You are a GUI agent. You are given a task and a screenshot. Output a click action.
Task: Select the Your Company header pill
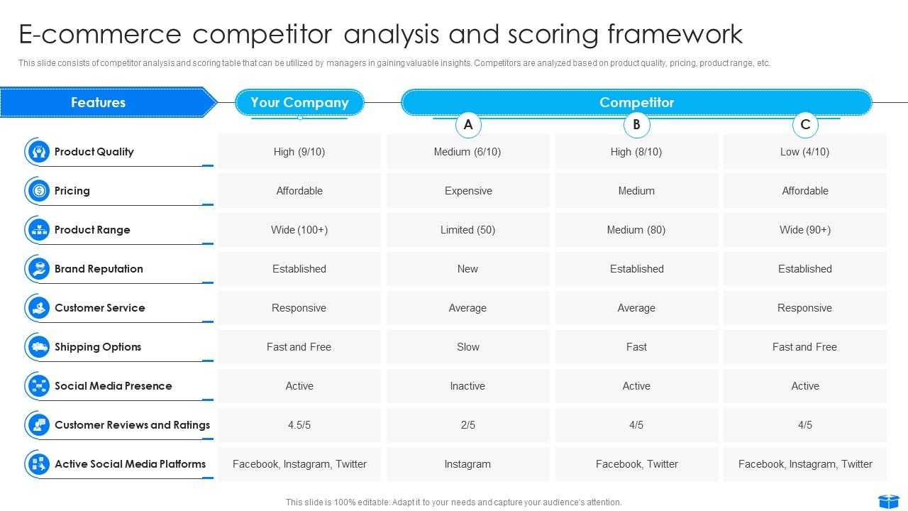299,102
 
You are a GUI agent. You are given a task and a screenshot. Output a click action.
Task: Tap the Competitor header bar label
636,102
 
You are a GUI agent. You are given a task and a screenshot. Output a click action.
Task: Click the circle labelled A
468,125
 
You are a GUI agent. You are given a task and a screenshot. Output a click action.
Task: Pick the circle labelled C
805,125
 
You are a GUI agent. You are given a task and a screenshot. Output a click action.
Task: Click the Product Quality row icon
39,152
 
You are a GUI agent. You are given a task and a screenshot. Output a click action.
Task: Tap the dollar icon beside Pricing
39,191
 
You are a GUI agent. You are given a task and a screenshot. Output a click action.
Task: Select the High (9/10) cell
299,152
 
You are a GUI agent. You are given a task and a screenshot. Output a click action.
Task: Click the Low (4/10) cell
805,152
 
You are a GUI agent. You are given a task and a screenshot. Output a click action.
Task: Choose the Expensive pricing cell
468,191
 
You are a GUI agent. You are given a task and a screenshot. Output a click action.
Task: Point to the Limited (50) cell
468,230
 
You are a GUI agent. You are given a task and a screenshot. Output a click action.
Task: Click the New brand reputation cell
468,269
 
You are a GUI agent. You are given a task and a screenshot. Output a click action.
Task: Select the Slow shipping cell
468,347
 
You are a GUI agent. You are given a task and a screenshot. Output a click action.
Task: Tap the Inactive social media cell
468,386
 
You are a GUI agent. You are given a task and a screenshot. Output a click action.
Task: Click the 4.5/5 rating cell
299,425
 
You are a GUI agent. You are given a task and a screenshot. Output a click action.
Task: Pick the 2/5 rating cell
468,425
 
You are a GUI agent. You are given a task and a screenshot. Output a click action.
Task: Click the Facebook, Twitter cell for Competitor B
636,464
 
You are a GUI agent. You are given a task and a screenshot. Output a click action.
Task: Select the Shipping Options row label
98,347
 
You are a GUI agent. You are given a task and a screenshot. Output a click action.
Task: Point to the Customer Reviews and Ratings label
132,425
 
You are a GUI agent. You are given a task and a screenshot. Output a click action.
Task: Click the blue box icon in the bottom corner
888,502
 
